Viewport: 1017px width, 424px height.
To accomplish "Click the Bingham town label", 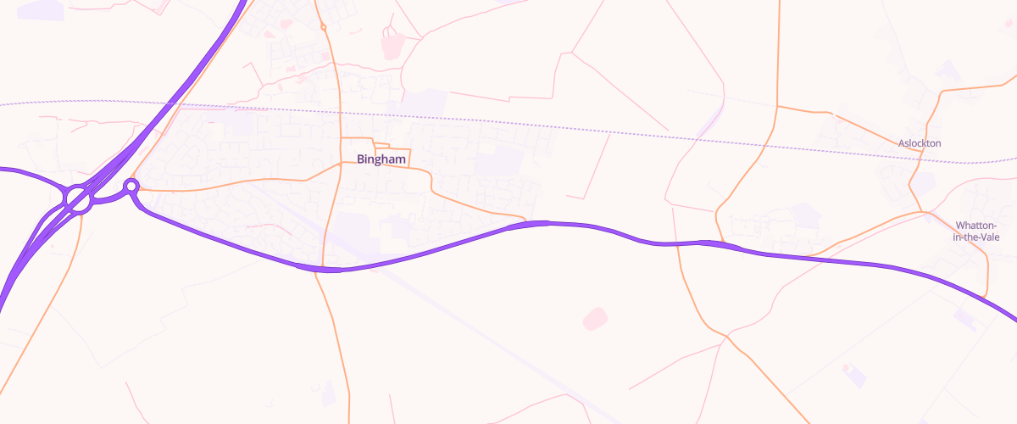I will [382, 159].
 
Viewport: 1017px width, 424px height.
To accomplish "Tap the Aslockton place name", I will [920, 143].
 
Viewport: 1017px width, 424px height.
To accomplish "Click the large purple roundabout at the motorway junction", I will [79, 201].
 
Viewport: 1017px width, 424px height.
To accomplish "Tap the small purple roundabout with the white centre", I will [131, 186].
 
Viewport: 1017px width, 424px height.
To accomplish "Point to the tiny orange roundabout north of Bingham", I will [324, 27].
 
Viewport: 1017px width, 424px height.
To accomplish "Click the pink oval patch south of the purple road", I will [595, 318].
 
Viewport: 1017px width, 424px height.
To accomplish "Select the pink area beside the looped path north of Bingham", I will [392, 46].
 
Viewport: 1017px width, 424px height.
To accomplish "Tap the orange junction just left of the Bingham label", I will [341, 162].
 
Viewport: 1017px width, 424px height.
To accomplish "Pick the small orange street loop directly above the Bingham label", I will [381, 147].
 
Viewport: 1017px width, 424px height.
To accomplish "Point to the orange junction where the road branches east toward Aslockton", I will [777, 107].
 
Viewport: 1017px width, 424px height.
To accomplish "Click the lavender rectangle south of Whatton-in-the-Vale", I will [965, 318].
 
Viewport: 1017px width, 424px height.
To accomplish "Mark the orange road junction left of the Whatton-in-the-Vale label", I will [926, 212].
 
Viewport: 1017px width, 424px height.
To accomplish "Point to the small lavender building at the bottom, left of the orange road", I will [329, 392].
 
